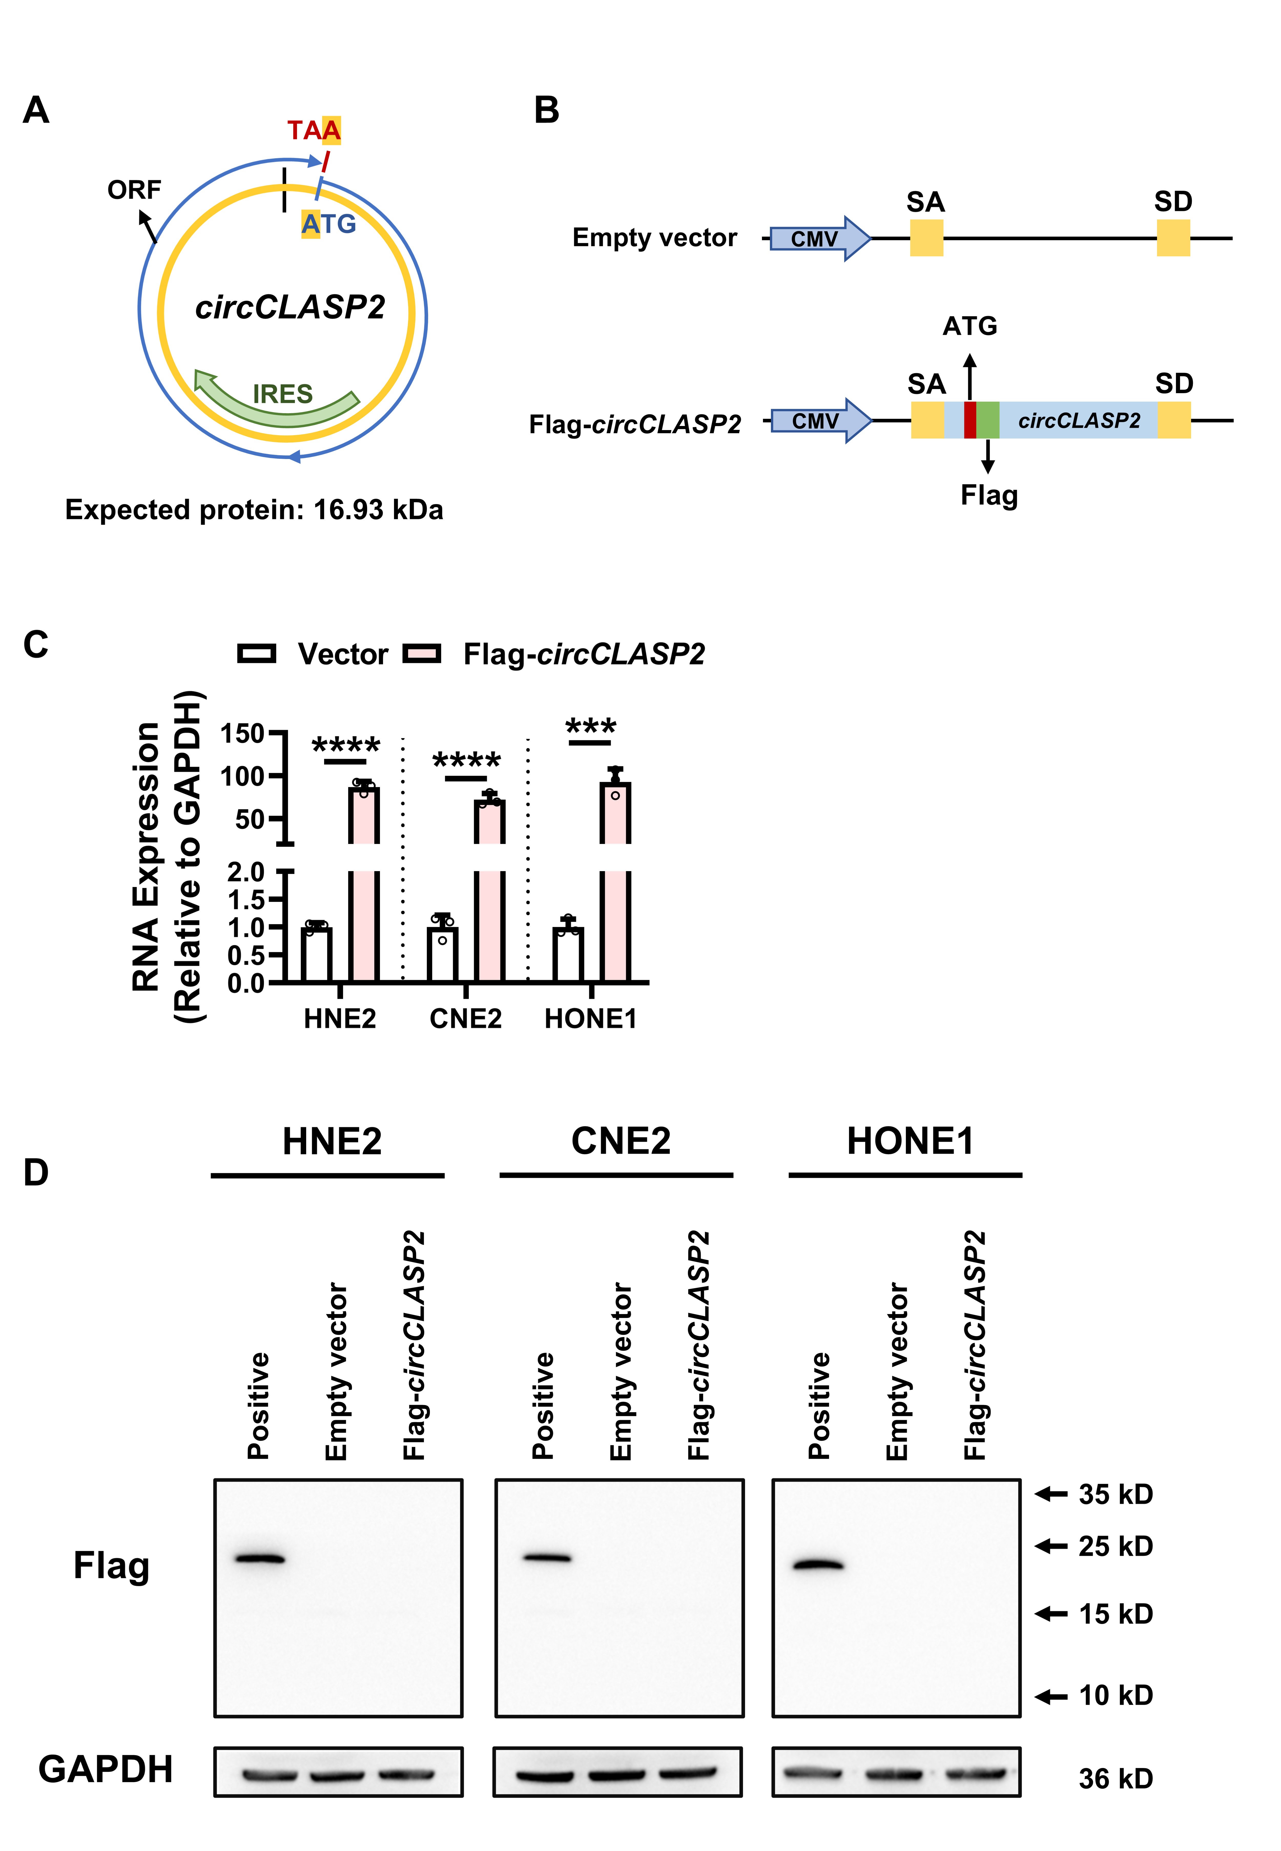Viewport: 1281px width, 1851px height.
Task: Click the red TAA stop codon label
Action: pos(314,130)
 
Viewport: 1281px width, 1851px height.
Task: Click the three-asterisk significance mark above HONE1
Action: pos(591,726)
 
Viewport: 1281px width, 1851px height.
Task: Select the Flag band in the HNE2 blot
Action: pos(259,1559)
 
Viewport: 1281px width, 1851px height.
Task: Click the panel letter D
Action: pos(36,1172)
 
